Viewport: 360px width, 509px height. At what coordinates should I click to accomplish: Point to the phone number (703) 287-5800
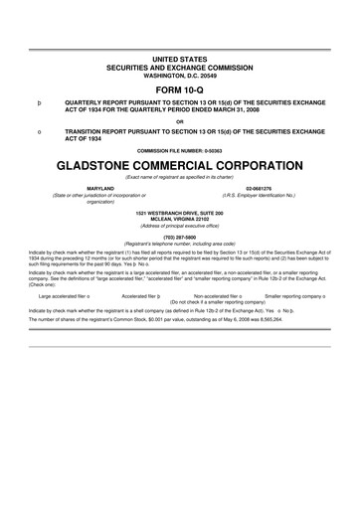tap(180, 237)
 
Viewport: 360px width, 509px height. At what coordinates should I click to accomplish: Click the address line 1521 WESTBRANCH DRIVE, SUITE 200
tap(180, 213)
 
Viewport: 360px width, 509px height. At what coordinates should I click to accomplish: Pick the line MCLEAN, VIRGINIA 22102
tap(180, 219)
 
